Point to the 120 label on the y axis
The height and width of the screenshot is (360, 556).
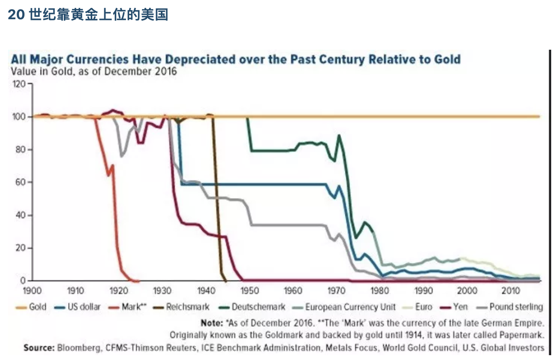click(19, 84)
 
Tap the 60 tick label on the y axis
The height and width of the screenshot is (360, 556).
click(20, 182)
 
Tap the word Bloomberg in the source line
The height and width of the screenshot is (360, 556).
click(79, 348)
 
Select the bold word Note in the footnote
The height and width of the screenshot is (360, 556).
click(211, 323)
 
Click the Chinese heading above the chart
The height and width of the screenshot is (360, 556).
click(88, 15)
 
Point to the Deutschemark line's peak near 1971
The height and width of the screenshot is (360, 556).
click(339, 136)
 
